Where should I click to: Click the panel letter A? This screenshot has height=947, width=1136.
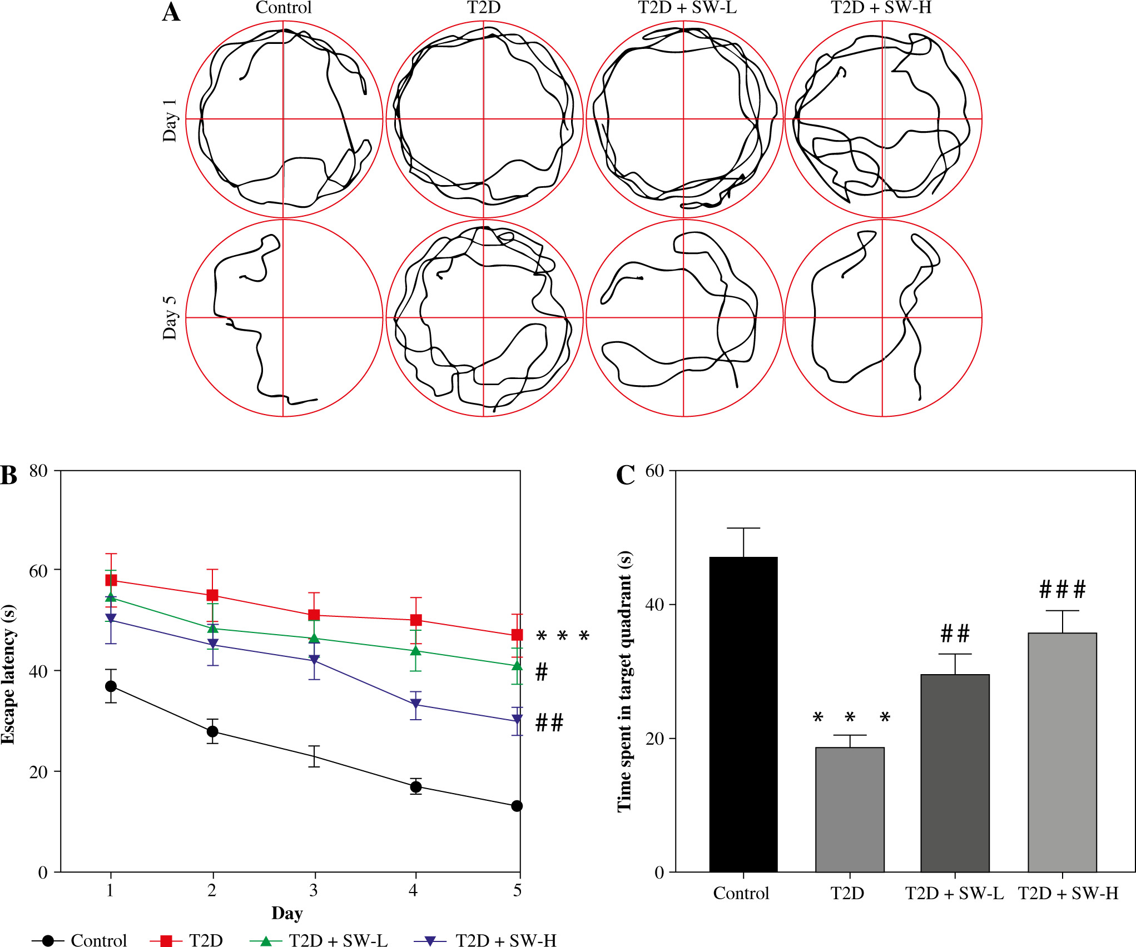(x=171, y=12)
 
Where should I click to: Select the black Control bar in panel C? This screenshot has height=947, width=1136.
(x=743, y=714)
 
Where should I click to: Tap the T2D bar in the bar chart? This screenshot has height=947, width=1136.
(x=849, y=809)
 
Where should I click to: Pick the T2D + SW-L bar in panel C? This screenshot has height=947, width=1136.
(x=955, y=772)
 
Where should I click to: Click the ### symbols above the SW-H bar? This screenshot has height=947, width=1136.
(x=1062, y=590)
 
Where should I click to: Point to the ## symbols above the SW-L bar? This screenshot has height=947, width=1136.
(x=955, y=634)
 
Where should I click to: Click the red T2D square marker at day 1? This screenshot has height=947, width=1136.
(x=111, y=580)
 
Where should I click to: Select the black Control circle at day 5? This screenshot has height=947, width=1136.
(x=517, y=806)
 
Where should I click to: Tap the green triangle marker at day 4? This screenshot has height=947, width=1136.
(x=415, y=650)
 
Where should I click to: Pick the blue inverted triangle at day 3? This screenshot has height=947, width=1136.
(x=314, y=660)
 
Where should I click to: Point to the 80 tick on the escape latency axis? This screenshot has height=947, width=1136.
(x=38, y=471)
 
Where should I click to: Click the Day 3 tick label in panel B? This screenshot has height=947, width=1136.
(x=314, y=890)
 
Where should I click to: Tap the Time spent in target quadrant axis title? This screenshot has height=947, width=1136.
(x=624, y=681)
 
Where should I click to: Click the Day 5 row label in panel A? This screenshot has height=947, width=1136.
(x=170, y=318)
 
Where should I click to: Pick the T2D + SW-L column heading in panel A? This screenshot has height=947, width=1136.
(x=687, y=8)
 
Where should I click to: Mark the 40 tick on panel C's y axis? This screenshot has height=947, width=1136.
(x=655, y=605)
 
